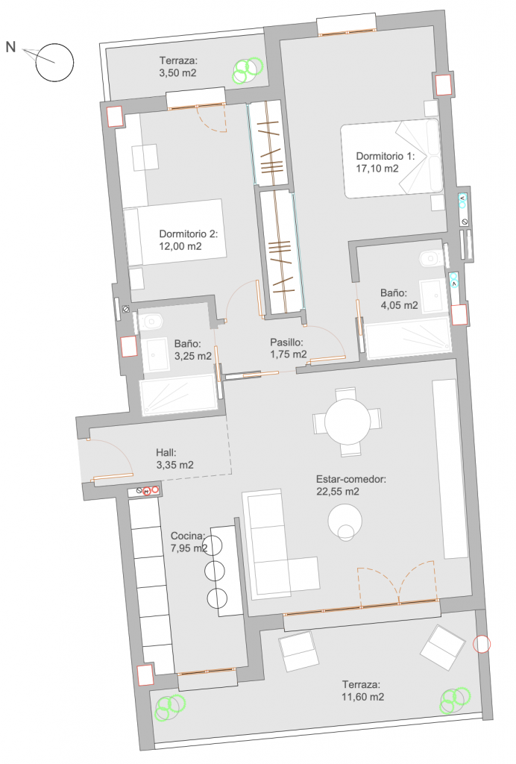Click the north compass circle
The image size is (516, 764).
click(x=54, y=44)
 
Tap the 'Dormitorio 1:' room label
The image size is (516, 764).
click(x=385, y=157)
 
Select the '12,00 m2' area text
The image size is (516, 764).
click(x=180, y=246)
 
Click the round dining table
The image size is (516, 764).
click(x=347, y=422)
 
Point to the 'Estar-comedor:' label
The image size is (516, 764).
click(x=351, y=479)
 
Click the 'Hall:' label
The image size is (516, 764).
click(x=166, y=453)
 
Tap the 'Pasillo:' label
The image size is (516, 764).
click(x=287, y=342)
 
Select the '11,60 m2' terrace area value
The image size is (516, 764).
click(x=362, y=698)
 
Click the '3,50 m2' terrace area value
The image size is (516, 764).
click(x=177, y=74)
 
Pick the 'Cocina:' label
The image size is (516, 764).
click(x=187, y=536)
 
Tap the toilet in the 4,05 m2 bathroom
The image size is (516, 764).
click(x=431, y=258)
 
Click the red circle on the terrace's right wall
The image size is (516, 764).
click(x=482, y=644)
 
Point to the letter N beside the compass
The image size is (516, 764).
click(x=10, y=47)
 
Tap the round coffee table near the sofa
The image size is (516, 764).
click(x=344, y=522)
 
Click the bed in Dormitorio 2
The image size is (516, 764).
click(x=174, y=232)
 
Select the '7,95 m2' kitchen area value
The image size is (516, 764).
click(x=189, y=548)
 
